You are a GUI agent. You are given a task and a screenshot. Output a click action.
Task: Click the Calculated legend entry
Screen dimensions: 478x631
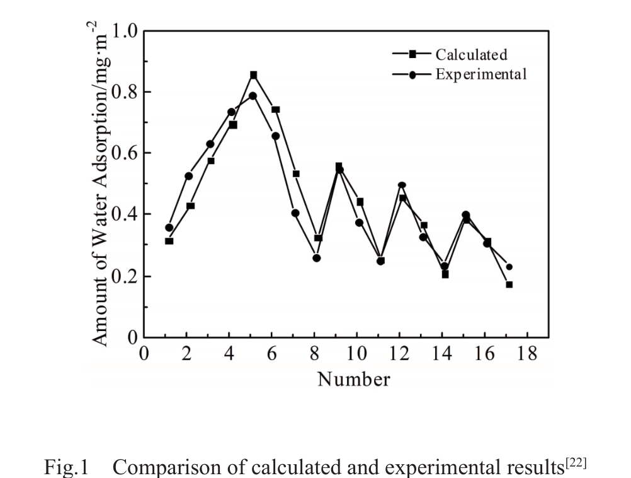tap(471, 55)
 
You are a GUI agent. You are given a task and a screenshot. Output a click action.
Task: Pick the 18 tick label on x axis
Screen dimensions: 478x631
tap(528, 354)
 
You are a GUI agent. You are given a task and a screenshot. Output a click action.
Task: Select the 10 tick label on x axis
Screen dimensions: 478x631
tap(357, 354)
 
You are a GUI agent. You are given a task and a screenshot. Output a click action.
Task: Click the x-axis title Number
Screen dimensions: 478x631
tap(353, 379)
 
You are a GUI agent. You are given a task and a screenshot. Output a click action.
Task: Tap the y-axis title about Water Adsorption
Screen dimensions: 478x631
tap(99, 183)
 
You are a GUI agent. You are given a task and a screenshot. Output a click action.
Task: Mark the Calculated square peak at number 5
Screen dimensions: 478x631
tap(254, 75)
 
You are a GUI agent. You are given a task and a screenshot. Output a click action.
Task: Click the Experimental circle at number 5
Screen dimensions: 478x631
tap(253, 96)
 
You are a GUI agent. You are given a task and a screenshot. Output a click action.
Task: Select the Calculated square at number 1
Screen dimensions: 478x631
tap(169, 241)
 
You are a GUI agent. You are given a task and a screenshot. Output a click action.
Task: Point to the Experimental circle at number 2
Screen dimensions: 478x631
tap(189, 176)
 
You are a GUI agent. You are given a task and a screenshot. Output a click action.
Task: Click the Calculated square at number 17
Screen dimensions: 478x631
tap(509, 284)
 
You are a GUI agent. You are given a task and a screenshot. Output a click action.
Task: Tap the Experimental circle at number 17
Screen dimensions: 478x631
tap(509, 267)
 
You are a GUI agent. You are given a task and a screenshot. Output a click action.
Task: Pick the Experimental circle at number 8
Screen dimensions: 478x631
tap(317, 258)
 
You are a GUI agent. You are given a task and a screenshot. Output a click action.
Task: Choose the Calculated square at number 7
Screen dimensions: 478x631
tap(296, 173)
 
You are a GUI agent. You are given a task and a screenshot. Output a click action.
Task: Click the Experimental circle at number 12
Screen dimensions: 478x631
tap(402, 185)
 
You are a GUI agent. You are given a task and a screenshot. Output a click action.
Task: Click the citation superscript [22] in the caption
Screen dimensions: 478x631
tap(577, 463)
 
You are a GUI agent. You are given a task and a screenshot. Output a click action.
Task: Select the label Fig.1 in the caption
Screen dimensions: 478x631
tap(67, 468)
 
